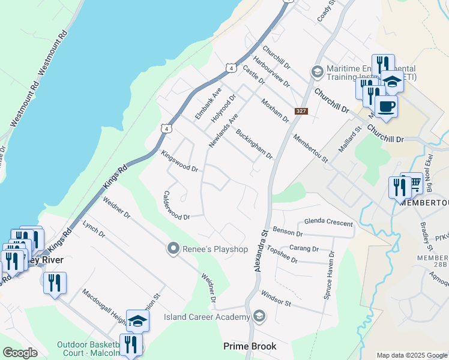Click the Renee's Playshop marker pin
pos(173,248)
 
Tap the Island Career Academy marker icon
pos(259,316)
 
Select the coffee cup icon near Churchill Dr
pos(386,107)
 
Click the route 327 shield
pos(302,112)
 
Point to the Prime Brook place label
pos(250,346)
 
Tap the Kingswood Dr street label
pos(179,161)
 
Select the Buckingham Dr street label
pos(255,144)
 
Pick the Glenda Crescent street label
pos(328,223)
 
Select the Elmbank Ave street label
pos(208,103)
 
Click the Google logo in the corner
pos(20,353)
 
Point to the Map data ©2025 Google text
pos(411,355)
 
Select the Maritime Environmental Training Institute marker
pos(317,72)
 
